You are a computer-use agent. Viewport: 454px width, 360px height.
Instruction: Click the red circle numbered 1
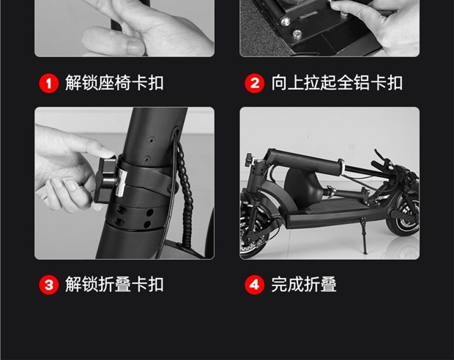pyautogui.click(x=48, y=83)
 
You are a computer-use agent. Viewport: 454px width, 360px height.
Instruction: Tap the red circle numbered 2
pyautogui.click(x=255, y=83)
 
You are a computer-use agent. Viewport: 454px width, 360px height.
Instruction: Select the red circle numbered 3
pyautogui.click(x=48, y=285)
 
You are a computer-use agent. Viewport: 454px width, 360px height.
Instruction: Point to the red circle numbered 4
pyautogui.click(x=255, y=285)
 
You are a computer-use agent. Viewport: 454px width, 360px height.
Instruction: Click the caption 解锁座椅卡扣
pyautogui.click(x=114, y=83)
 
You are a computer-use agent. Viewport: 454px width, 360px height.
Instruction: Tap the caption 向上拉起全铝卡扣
pyautogui.click(x=337, y=83)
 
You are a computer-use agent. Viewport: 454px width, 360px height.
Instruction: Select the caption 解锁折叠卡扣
pyautogui.click(x=114, y=284)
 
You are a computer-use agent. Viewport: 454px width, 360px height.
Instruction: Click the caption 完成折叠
pyautogui.click(x=304, y=284)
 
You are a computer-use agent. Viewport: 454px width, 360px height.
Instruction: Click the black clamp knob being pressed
pyautogui.click(x=105, y=180)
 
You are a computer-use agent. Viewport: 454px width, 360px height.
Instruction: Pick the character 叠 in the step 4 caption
pyautogui.click(x=328, y=284)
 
